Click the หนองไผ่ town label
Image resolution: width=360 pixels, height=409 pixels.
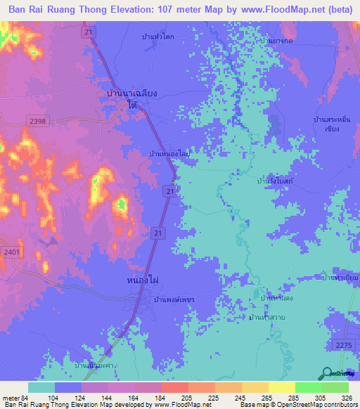pyautogui.click(x=143, y=280)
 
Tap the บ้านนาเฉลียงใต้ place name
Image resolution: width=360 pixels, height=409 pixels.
pyautogui.click(x=127, y=98)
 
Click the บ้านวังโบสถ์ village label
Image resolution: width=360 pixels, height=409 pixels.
pyautogui.click(x=275, y=181)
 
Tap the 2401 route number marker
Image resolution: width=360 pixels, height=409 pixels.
pyautogui.click(x=11, y=252)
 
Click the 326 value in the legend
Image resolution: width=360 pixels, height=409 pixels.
pyautogui.click(x=346, y=398)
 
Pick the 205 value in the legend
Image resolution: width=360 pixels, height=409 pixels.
pyautogui.click(x=186, y=398)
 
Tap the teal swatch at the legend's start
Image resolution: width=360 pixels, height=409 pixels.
pyautogui.click(x=41, y=387)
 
